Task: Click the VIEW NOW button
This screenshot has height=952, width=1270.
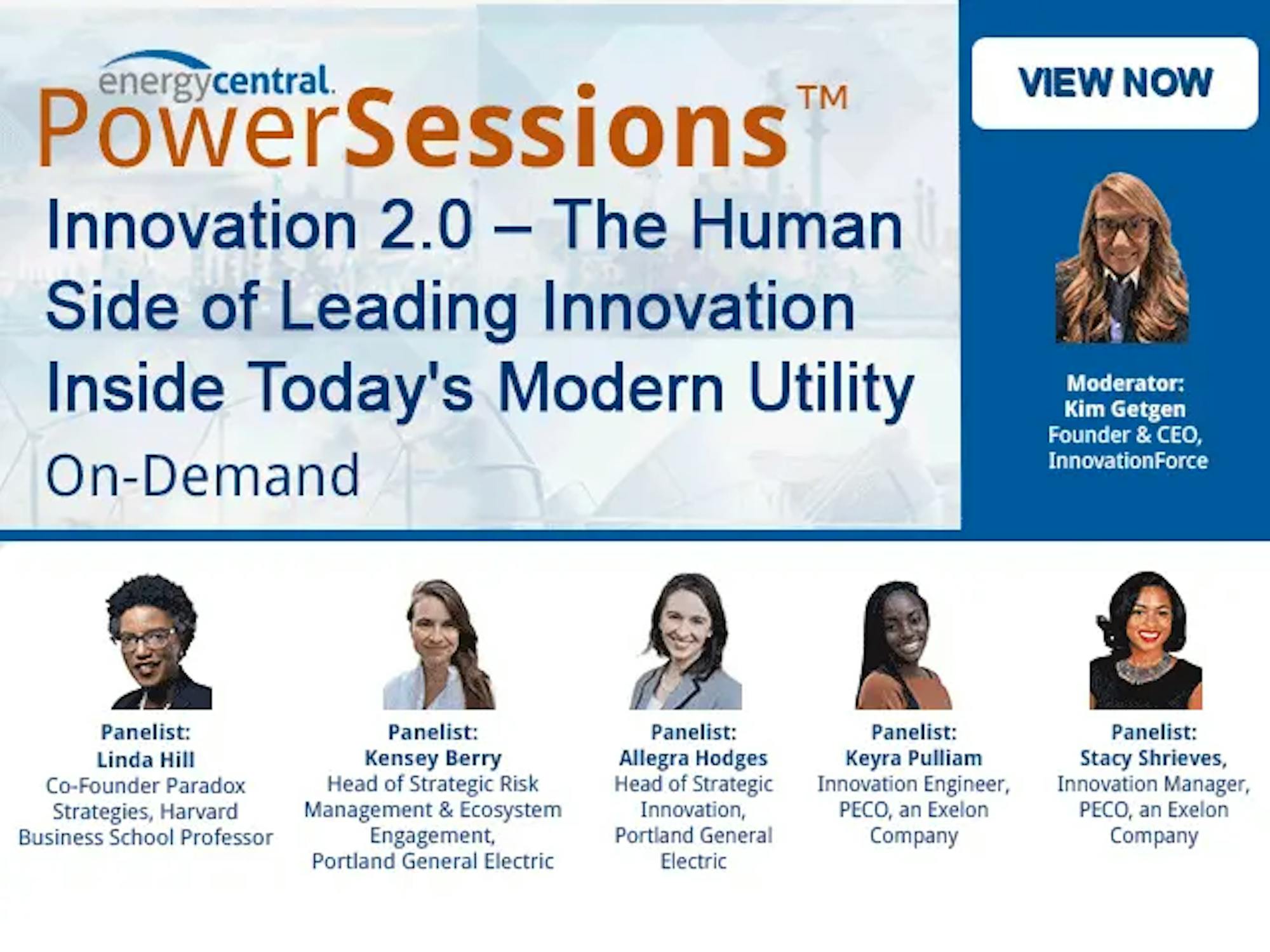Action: click(1115, 83)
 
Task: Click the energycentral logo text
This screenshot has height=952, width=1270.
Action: click(215, 81)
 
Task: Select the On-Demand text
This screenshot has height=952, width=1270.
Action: click(203, 475)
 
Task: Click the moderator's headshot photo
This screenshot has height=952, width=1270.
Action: click(1122, 258)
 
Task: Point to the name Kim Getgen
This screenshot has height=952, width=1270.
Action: click(1125, 409)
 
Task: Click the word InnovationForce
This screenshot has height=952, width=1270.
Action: click(1128, 460)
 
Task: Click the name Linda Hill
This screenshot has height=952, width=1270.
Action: click(145, 760)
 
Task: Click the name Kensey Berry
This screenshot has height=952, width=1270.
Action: click(433, 758)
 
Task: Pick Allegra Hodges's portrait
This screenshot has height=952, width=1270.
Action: click(686, 642)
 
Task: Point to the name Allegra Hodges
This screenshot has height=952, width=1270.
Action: click(693, 758)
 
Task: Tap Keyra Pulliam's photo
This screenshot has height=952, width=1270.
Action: click(904, 645)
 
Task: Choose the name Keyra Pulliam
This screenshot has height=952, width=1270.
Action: click(914, 758)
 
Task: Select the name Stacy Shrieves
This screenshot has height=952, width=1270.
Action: click(1154, 758)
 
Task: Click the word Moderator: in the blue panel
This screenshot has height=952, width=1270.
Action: click(1125, 383)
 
